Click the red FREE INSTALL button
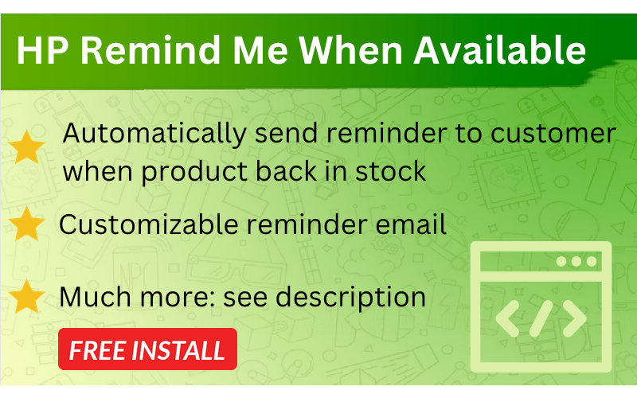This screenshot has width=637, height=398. [147, 349]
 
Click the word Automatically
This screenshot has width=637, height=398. [155, 134]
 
